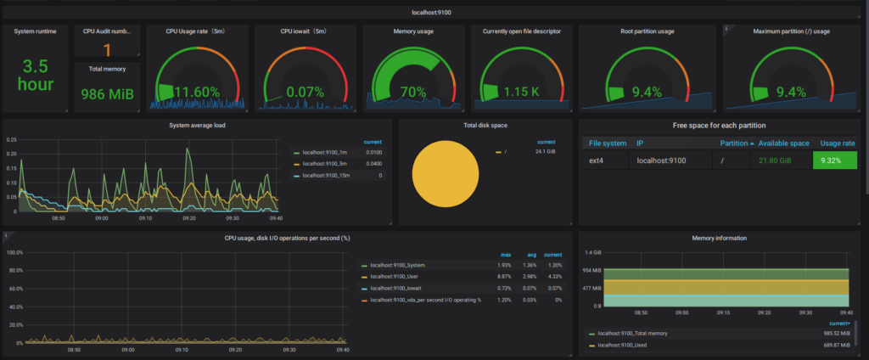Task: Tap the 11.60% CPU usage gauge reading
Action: coord(199,91)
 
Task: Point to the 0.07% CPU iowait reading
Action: coord(305,91)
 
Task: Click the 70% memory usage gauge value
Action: coord(413,91)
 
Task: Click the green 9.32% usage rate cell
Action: coord(834,160)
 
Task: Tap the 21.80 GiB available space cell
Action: coord(783,160)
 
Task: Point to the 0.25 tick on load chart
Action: coord(10,140)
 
